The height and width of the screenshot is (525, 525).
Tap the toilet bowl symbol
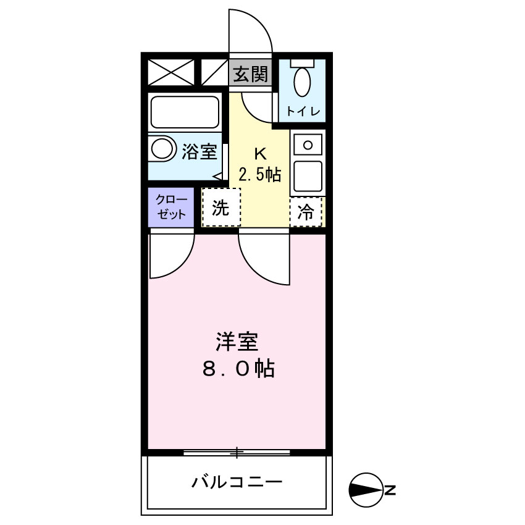(x=302, y=81)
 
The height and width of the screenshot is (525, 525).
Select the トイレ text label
(x=302, y=112)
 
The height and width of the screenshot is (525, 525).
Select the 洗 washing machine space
(x=221, y=208)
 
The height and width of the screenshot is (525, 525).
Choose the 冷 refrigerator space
(x=306, y=212)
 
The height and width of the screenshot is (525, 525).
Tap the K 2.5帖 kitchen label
(x=259, y=165)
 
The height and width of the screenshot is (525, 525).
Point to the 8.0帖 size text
(x=238, y=369)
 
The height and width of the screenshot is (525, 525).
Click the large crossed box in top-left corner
(x=170, y=72)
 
